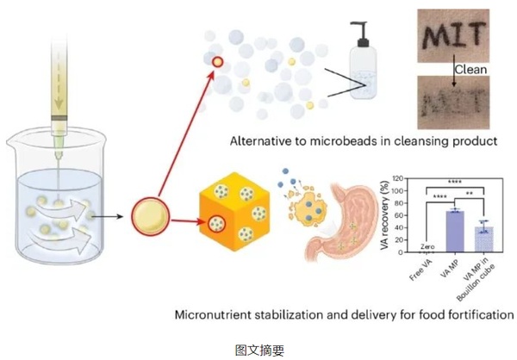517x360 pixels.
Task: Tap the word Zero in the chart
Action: (x=425, y=247)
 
